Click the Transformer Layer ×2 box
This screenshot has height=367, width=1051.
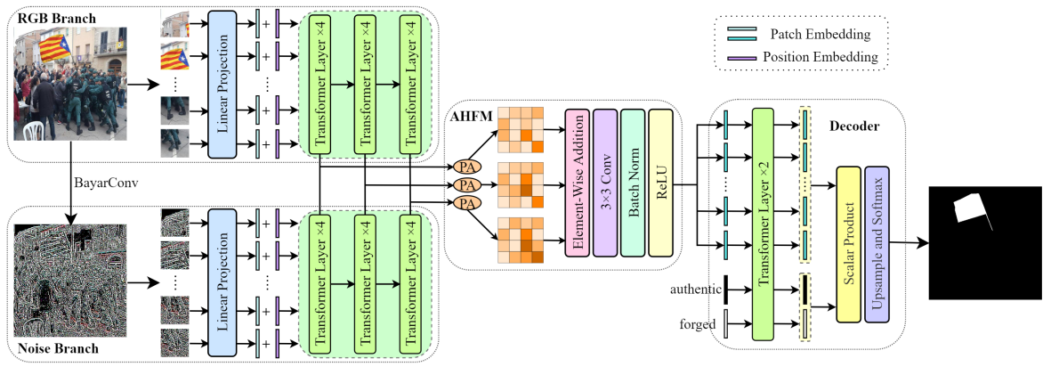click(x=764, y=224)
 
